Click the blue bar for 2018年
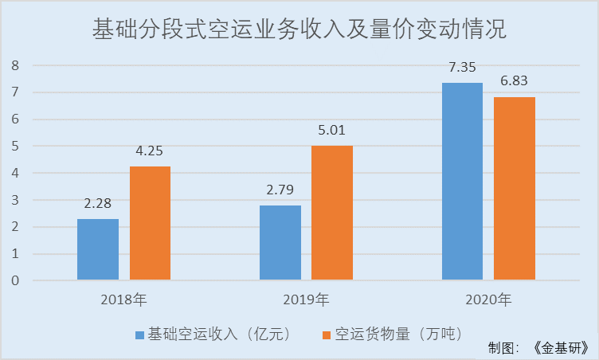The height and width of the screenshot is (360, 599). pos(98,249)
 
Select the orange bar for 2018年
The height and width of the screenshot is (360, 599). pos(150,223)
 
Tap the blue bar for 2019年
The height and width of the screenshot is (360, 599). pos(280,243)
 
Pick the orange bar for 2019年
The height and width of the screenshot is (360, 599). pos(332,213)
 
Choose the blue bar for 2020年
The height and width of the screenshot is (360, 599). pos(462,182)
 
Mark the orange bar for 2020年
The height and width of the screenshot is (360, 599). pos(515,189)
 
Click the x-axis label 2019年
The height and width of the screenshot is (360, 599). pos(306,300)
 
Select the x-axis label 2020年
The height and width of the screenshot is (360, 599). pos(488,300)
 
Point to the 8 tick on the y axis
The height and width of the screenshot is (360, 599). pos(14,65)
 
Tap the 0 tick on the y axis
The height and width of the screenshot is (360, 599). pos(14,280)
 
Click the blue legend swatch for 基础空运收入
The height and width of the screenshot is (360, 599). pos(140,334)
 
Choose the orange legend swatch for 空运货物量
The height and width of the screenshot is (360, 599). pos(324,334)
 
